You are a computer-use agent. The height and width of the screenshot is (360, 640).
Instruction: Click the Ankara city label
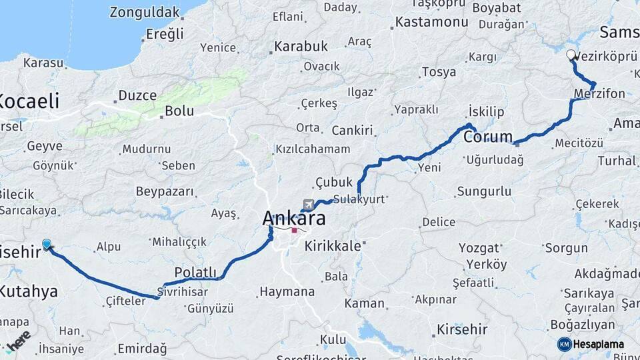[294, 218]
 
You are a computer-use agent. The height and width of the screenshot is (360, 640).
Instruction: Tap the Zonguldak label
[145, 12]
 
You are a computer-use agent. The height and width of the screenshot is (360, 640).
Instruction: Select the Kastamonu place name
[431, 22]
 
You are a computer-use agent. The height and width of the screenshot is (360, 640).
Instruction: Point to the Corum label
[487, 138]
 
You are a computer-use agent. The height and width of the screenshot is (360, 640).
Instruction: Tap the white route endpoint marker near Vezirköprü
[571, 55]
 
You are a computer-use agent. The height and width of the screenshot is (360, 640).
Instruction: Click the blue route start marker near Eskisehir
[47, 245]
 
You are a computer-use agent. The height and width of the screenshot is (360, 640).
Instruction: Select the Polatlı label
[195, 272]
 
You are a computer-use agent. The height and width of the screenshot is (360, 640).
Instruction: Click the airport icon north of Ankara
[308, 203]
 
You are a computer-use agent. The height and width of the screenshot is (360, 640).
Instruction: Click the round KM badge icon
[564, 344]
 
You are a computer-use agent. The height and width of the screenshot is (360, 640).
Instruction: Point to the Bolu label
[179, 111]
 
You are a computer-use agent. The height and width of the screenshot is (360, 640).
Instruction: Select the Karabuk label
[300, 47]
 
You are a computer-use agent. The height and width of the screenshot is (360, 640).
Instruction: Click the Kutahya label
[28, 291]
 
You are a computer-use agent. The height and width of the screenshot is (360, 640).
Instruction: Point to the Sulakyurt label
[360, 199]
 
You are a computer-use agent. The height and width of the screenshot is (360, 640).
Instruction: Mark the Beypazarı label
[165, 192]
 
